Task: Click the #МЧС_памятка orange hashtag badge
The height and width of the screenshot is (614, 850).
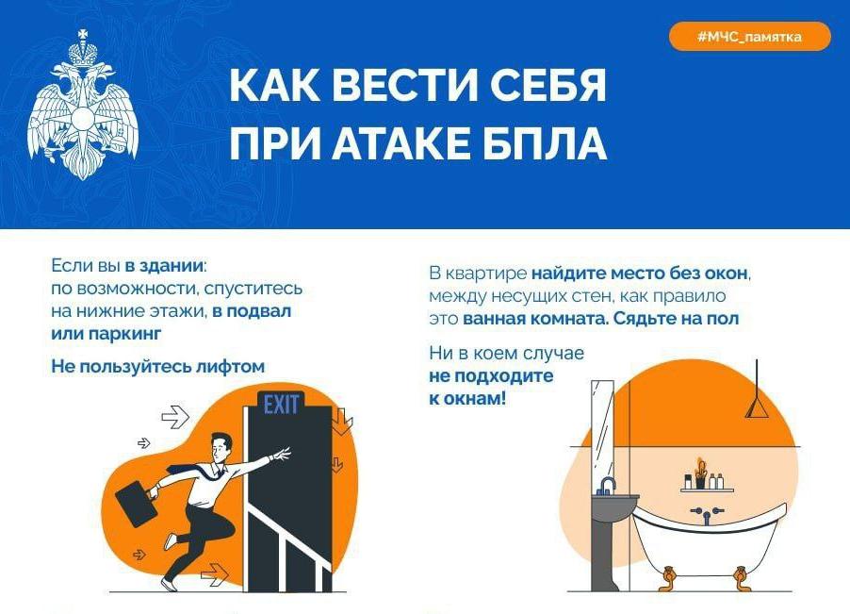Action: click(750, 37)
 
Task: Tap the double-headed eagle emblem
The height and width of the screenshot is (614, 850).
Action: click(82, 106)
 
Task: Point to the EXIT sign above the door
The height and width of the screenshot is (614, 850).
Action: click(281, 404)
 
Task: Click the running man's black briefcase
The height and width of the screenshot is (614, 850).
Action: click(136, 504)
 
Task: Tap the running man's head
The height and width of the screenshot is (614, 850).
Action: click(221, 449)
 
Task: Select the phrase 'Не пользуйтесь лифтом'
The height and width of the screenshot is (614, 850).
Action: click(157, 366)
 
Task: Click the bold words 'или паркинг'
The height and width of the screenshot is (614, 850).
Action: click(106, 333)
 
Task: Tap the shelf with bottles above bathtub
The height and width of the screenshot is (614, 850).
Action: click(707, 490)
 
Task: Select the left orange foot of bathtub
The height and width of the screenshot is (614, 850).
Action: click(668, 578)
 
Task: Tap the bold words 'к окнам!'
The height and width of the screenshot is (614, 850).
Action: click(467, 399)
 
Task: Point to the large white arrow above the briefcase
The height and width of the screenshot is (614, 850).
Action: click(175, 418)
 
